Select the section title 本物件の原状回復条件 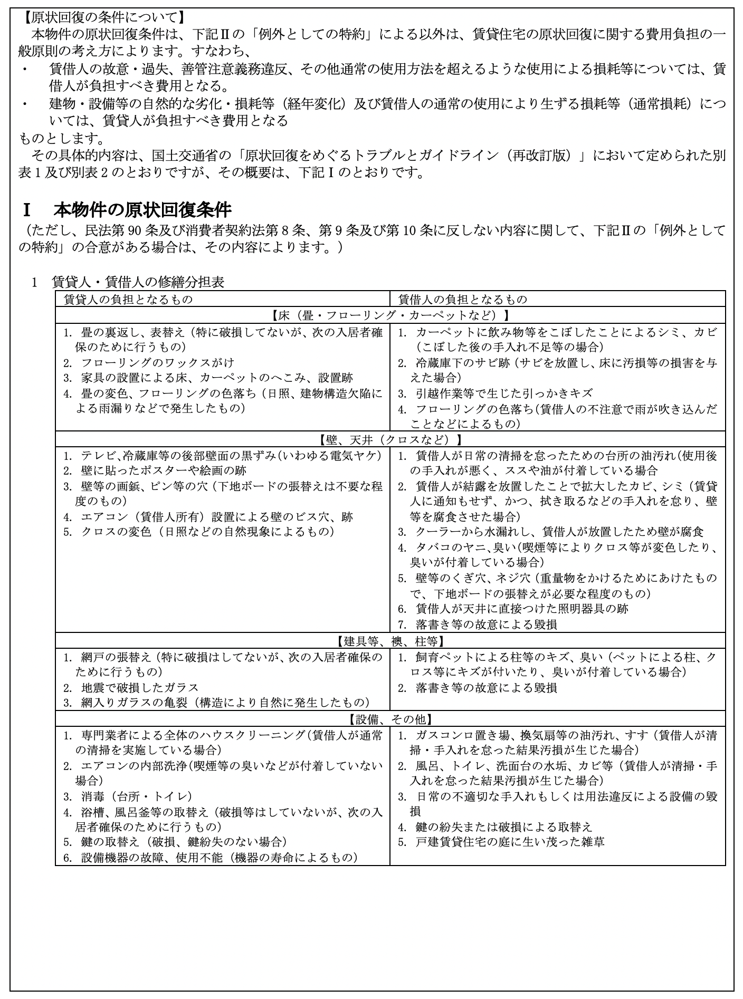[x=142, y=210]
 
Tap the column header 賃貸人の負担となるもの [x=128, y=299]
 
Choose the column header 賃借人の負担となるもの [x=462, y=299]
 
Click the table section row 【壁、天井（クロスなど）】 [x=390, y=439]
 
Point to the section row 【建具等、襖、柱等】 [x=390, y=641]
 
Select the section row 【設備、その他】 [x=390, y=719]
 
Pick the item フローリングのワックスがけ [x=157, y=363]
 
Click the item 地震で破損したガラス [x=139, y=688]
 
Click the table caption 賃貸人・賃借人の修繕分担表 [x=138, y=282]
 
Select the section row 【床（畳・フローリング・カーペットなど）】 [x=390, y=315]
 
